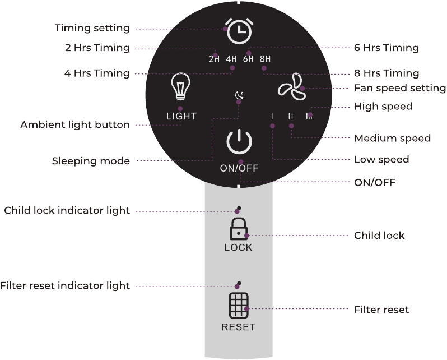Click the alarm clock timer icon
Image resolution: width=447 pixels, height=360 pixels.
tap(239, 31)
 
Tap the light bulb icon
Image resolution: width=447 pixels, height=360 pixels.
tap(180, 86)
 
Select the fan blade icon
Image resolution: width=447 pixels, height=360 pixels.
tap(292, 87)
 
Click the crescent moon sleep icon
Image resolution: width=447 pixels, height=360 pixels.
tap(239, 95)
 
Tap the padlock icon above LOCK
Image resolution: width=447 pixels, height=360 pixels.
tap(239, 229)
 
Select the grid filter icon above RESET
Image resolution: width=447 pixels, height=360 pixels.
tap(239, 306)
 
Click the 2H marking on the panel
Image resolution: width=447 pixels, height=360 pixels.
tap(214, 59)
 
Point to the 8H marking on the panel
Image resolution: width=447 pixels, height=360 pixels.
tap(265, 59)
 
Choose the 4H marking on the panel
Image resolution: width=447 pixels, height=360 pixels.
tap(231, 59)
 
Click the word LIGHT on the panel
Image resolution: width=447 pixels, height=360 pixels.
tap(181, 116)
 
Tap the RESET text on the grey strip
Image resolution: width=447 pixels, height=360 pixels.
tap(238, 327)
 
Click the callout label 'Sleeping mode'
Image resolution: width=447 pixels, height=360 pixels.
tap(91, 161)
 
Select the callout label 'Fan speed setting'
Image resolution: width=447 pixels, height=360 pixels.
tap(400, 88)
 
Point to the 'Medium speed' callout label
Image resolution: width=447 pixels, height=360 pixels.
tap(392, 138)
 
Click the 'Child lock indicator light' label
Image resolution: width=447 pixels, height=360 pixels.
tap(67, 211)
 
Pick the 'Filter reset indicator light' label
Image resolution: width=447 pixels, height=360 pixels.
tap(65, 286)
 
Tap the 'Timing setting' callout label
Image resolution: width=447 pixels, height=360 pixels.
tap(92, 28)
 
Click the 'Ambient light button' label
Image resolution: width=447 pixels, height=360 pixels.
tap(75, 124)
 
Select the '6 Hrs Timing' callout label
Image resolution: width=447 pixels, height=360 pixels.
tap(387, 48)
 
